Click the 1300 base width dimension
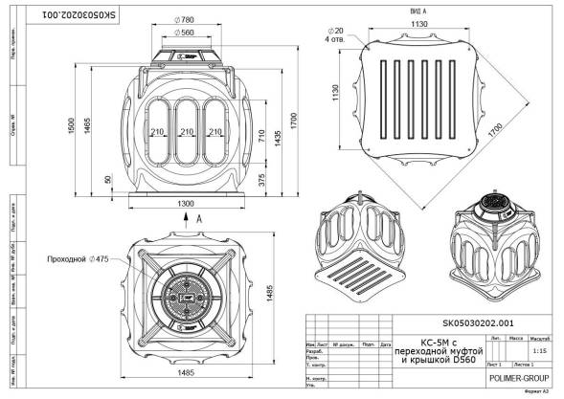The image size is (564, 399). coord(186,204)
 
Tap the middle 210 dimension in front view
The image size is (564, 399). coord(187,132)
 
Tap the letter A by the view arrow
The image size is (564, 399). coord(198,218)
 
